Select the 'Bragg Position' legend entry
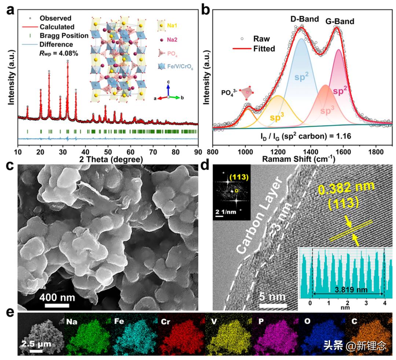tap(64, 36)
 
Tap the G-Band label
tap(340, 21)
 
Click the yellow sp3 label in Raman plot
tap(278, 117)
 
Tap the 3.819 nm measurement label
tap(345, 289)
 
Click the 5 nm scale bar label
tap(272, 296)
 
